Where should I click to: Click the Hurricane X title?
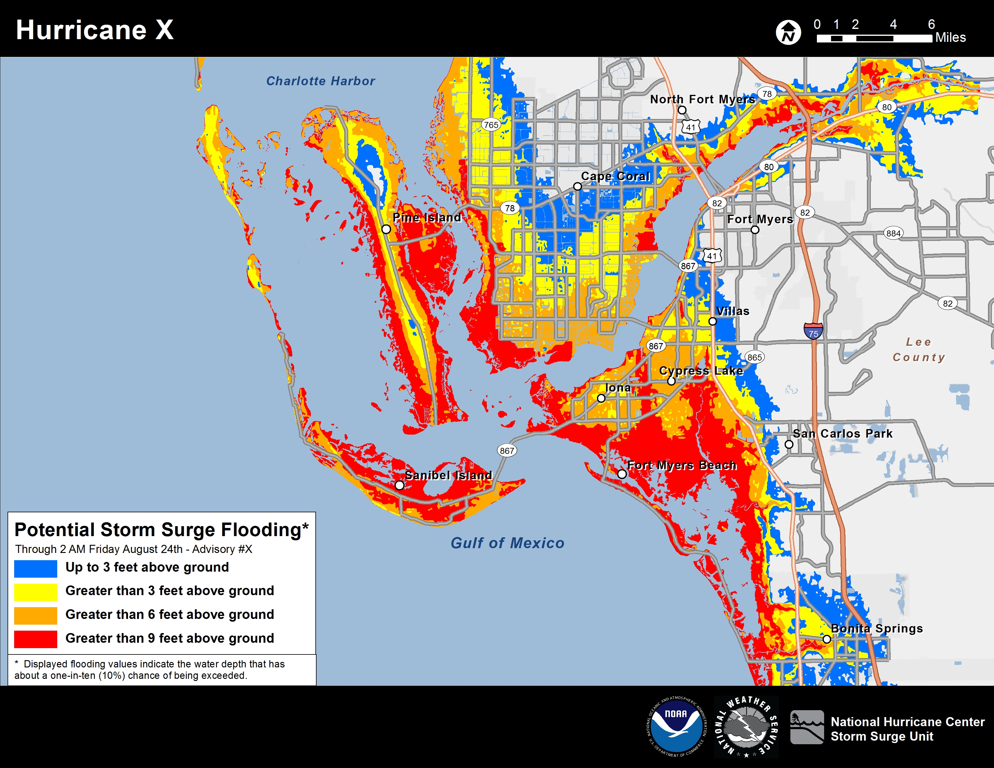pyautogui.click(x=95, y=30)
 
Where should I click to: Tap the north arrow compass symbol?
pyautogui.click(x=788, y=32)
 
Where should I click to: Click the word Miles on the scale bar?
pyautogui.click(x=950, y=37)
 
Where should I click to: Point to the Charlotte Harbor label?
pyautogui.click(x=320, y=81)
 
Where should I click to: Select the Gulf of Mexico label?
pyautogui.click(x=507, y=543)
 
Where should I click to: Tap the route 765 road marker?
pyautogui.click(x=491, y=125)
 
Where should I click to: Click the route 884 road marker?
pyautogui.click(x=893, y=233)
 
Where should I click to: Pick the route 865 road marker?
pyautogui.click(x=754, y=357)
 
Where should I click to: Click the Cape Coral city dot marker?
pyautogui.click(x=577, y=186)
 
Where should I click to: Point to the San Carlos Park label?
pyautogui.click(x=842, y=434)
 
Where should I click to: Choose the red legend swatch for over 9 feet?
pyautogui.click(x=36, y=639)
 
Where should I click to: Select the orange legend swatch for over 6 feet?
pyautogui.click(x=36, y=615)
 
